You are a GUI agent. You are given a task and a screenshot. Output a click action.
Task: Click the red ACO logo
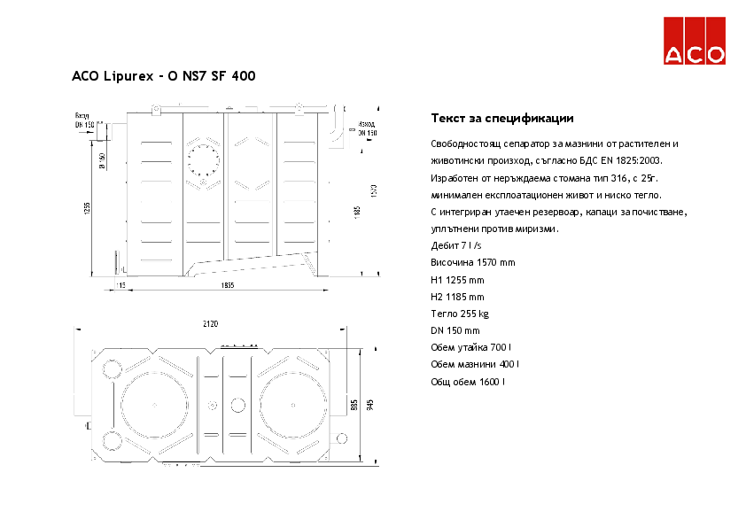[695, 41]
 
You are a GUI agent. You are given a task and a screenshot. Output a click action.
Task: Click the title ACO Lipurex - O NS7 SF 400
[164, 76]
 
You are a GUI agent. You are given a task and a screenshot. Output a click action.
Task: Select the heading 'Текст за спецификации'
[502, 118]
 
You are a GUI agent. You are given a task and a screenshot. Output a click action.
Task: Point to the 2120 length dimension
[211, 324]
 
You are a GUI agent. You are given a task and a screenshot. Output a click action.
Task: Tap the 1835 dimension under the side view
[228, 285]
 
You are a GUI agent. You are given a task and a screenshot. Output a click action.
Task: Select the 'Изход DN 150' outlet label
[366, 128]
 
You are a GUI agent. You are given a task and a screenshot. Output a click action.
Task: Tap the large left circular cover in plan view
[156, 405]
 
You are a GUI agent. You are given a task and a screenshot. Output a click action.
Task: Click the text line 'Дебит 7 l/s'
[455, 245]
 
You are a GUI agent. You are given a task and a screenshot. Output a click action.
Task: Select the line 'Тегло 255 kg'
[460, 314]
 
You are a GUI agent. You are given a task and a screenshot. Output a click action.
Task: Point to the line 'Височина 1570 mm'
[472, 263]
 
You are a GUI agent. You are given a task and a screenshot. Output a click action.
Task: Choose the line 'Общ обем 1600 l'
[468, 382]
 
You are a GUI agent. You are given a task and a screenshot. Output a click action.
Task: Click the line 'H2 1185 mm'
[457, 297]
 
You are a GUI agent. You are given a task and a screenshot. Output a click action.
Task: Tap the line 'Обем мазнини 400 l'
[475, 364]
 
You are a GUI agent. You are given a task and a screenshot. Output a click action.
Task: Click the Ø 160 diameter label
[102, 161]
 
